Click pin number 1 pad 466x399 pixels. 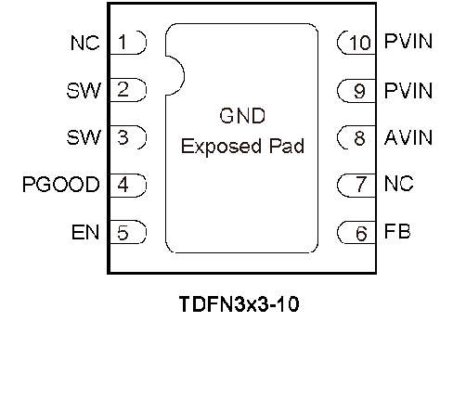point(128,43)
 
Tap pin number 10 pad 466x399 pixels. point(356,43)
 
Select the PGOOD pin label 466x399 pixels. point(61,185)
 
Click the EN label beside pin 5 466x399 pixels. point(85,232)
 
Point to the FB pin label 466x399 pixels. point(397,231)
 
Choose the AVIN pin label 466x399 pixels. point(408,137)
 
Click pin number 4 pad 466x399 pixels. point(128,186)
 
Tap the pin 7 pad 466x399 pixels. point(356,185)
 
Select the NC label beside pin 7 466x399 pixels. point(398,184)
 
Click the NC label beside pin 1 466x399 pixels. point(85,43)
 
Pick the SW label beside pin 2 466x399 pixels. point(84,90)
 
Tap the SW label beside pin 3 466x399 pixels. point(84,137)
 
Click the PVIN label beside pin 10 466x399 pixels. point(408,41)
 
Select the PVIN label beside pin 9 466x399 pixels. point(408,91)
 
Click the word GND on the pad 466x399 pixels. point(242,116)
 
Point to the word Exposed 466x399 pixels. point(221,147)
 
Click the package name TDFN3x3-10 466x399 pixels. point(239,303)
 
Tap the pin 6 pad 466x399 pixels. point(356,232)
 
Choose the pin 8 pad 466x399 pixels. point(356,137)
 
